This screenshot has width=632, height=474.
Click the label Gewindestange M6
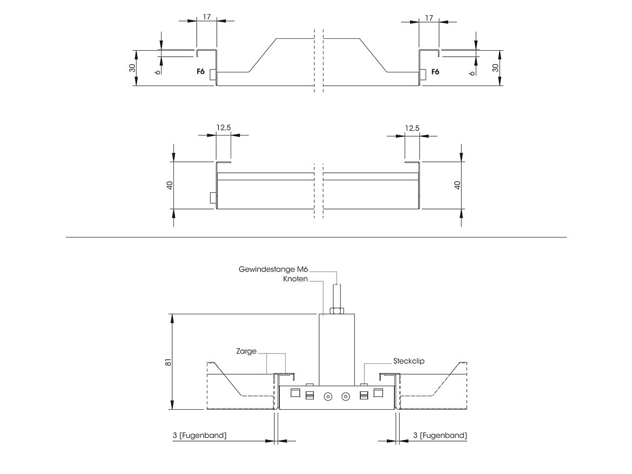pos(274,269)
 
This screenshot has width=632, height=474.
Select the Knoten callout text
pos(295,279)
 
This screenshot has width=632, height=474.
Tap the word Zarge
pos(246,351)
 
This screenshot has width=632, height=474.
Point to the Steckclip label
pos(409,361)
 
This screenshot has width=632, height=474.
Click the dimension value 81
pos(168,363)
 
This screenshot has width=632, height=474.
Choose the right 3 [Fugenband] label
pos(440,435)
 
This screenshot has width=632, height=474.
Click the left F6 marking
pos(200,71)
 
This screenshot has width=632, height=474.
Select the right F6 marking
pos(435,71)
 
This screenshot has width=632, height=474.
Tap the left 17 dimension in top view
pos(206,17)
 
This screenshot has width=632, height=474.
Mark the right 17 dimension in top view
pos(429,17)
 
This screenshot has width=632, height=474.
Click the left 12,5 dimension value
pos(223,128)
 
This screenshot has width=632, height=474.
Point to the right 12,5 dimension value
pos(412,128)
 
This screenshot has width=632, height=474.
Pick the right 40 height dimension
pos(457,185)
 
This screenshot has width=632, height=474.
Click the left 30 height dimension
pos(132,68)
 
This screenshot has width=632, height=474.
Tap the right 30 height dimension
pos(495,68)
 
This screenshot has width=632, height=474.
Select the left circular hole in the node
pos(327,397)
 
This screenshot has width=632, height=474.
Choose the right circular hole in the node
pos(346,397)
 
